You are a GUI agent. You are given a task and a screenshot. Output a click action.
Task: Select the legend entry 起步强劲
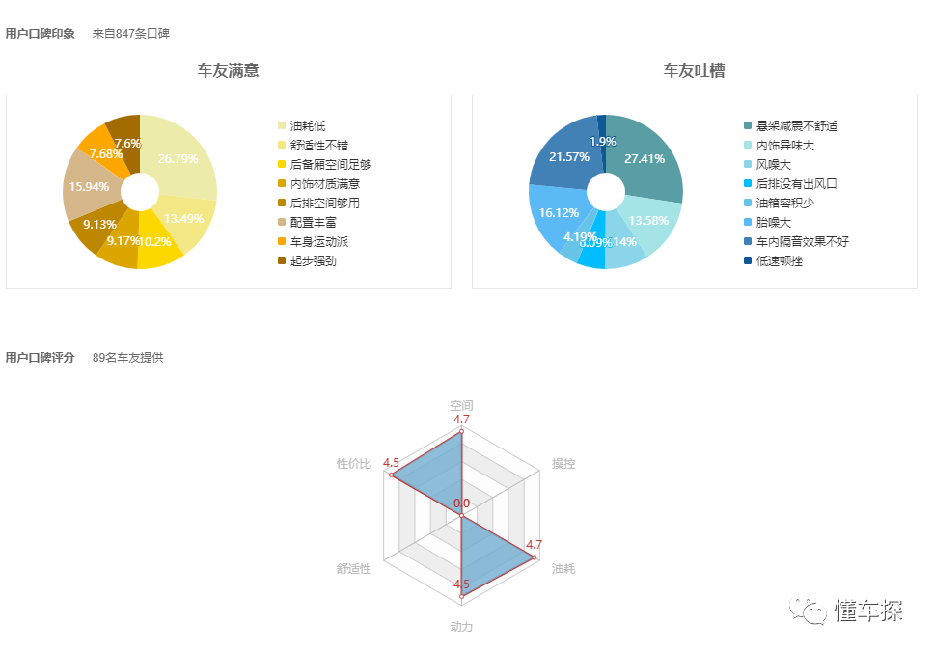click(314, 260)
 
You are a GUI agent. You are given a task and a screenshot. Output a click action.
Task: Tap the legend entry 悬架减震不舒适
click(797, 125)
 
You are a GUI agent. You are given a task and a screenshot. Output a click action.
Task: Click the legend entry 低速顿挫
click(780, 260)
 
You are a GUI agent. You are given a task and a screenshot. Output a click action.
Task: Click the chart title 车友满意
click(228, 70)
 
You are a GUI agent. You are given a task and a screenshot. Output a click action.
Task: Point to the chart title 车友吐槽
click(694, 70)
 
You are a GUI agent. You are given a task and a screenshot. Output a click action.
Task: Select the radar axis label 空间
click(461, 405)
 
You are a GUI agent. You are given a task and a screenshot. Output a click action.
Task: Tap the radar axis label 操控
click(563, 464)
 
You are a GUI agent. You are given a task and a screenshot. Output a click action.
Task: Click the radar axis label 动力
click(461, 627)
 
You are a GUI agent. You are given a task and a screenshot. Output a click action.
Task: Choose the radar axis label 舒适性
click(354, 569)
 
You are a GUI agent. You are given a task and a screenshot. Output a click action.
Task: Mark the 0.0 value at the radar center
click(461, 503)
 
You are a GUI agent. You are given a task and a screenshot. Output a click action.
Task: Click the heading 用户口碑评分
click(40, 357)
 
